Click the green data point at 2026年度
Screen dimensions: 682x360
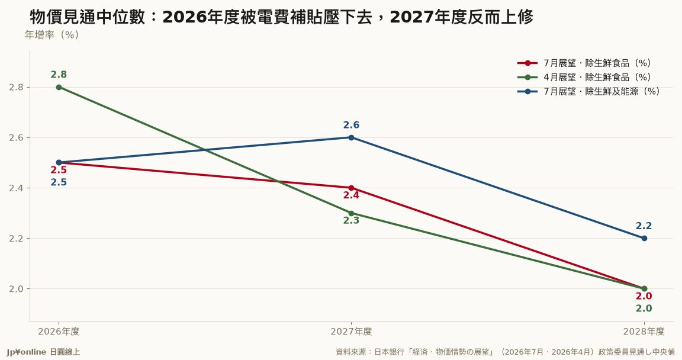tap(59, 88)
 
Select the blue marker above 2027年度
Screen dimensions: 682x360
tap(352, 138)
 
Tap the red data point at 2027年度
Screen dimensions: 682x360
tap(352, 188)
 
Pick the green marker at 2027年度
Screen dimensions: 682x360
tap(352, 214)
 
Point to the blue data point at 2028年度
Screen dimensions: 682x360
tap(644, 238)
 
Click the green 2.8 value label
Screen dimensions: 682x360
tap(59, 75)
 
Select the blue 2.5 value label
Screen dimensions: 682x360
tap(59, 182)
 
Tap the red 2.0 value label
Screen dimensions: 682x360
tap(644, 297)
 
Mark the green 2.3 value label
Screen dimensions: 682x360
tap(352, 221)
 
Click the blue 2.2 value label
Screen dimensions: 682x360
tap(644, 226)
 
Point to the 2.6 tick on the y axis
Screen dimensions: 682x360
tap(17, 138)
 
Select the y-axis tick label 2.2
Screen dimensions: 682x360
tap(17, 239)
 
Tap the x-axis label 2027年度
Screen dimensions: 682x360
tap(352, 332)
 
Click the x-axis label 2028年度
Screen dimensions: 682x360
tap(644, 332)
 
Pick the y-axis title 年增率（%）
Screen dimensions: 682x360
tap(52, 35)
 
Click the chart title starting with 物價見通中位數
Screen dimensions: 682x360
tap(281, 17)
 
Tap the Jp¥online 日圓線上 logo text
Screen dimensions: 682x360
tap(43, 352)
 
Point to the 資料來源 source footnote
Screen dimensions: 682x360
tap(505, 352)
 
